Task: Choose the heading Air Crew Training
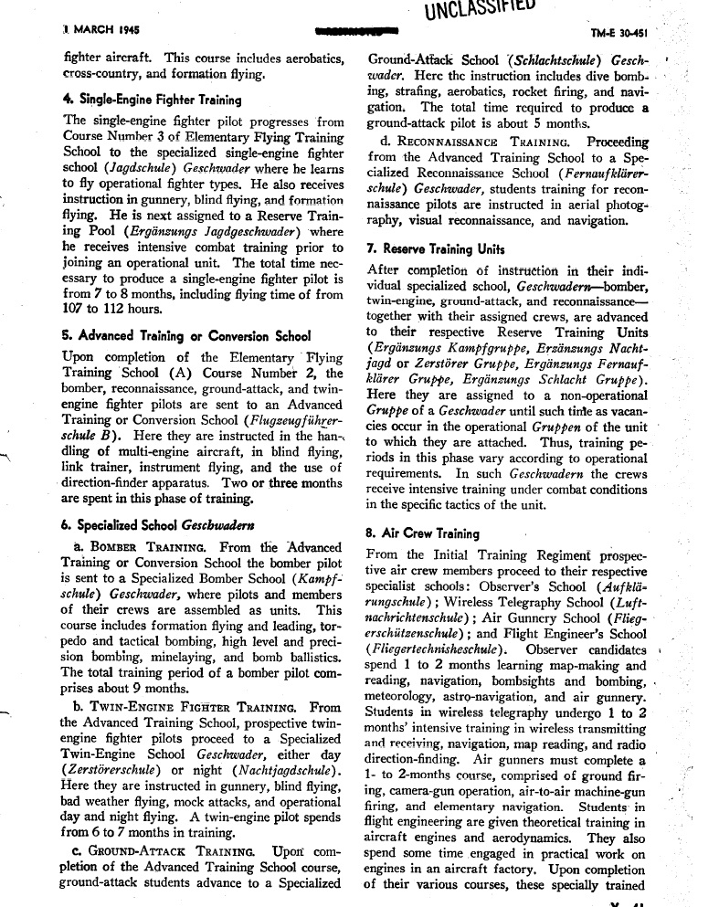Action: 422,533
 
